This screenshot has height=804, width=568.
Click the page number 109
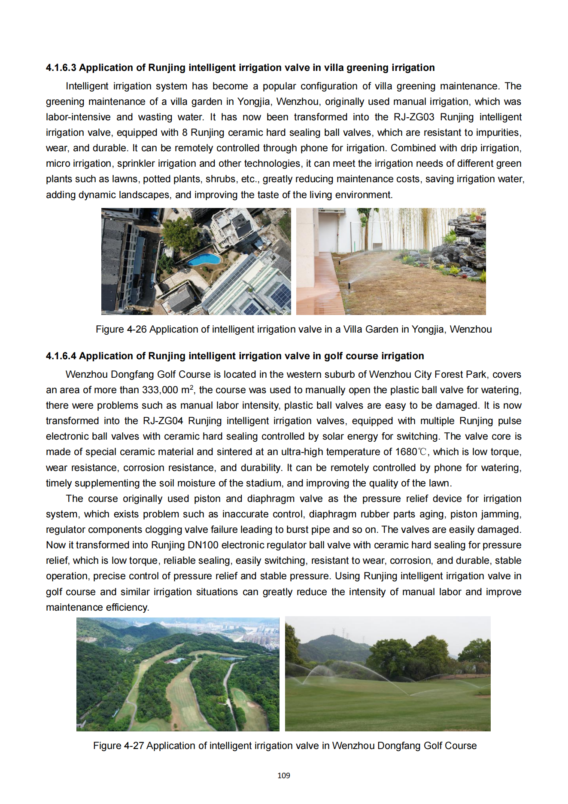point(284,776)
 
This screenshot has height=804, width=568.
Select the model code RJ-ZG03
point(414,117)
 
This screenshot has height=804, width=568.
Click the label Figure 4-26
point(121,330)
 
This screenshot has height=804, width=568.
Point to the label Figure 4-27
point(118,746)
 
